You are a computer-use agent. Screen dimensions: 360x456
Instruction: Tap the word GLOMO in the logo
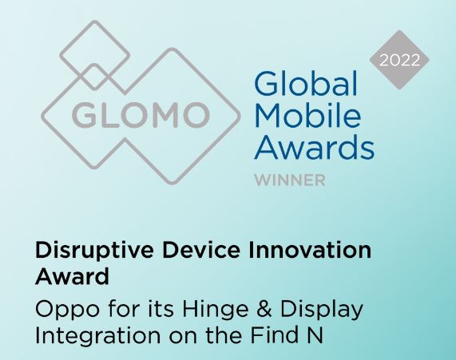(x=140, y=114)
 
